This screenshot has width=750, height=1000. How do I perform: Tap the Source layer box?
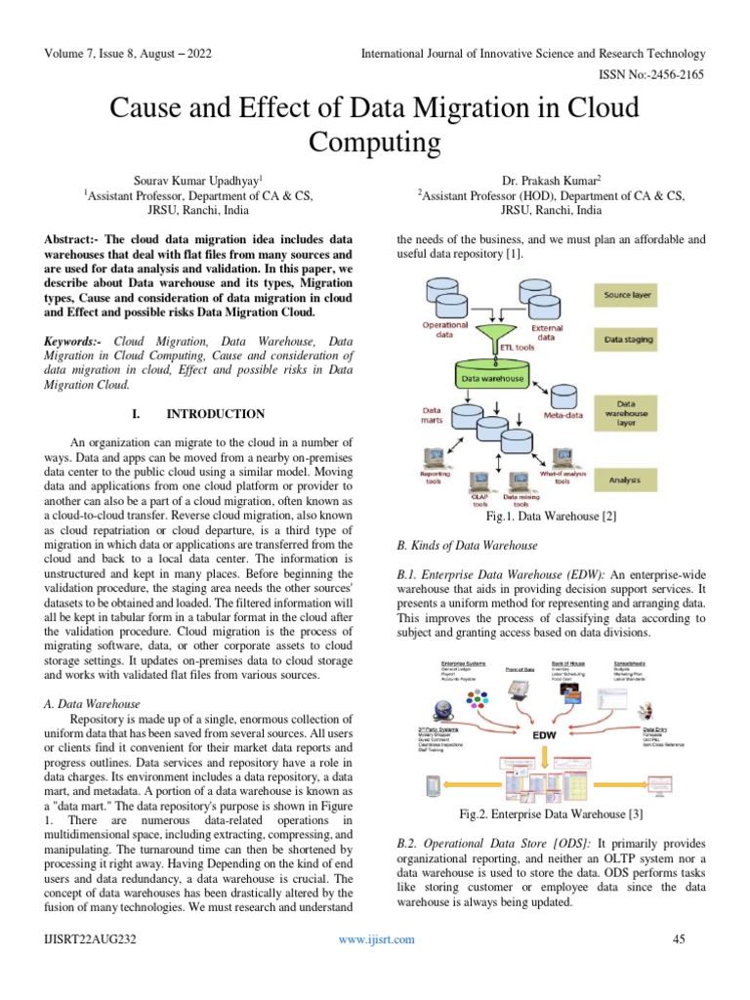629,295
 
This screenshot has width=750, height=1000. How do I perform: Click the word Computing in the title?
375,143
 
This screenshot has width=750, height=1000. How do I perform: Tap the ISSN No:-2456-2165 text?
649,73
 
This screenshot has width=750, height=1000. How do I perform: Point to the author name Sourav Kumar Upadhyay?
197,181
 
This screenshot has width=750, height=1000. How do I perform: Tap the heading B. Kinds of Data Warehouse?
467,545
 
